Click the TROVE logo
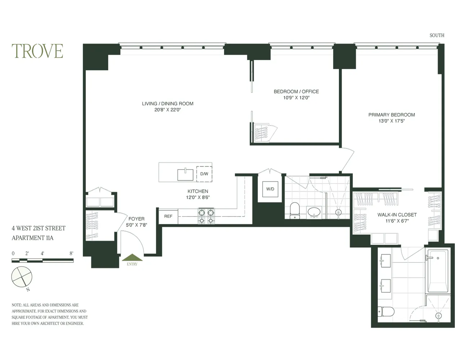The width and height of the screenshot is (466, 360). pos(37,51)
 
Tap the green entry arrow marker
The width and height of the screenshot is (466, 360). pos(132,257)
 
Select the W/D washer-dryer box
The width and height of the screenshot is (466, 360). pos(270,189)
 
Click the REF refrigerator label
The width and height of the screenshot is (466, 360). pos(168,216)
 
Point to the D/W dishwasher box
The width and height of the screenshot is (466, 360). pos(204,174)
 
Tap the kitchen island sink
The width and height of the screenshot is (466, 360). pos(185,175)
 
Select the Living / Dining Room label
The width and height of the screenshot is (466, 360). pos(167,104)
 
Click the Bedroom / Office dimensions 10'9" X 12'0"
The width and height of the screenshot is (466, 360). pos(296,98)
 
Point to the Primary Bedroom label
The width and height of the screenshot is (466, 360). pos(391,115)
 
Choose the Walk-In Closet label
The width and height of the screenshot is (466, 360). pos(397,215)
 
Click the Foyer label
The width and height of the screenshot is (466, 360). pos(136,219)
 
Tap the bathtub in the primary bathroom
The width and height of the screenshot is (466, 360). pos(438,271)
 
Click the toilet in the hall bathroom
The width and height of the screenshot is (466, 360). pos(295,210)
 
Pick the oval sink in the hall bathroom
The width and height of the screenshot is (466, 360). pos(314,212)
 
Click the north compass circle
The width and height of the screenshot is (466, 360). pos(22,277)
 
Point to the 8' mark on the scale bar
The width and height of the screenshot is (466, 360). pos(71,253)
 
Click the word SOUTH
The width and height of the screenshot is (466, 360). pos(436,35)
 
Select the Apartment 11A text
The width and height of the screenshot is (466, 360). pos(32,238)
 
